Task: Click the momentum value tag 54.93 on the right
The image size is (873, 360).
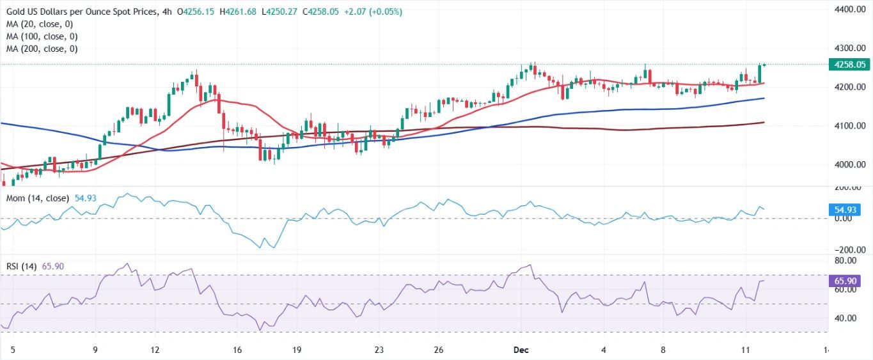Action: click(844, 210)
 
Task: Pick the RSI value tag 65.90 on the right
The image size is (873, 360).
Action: click(844, 281)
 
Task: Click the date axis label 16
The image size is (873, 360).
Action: click(237, 350)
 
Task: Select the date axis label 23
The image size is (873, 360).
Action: click(379, 350)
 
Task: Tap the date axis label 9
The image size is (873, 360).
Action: click(95, 350)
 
